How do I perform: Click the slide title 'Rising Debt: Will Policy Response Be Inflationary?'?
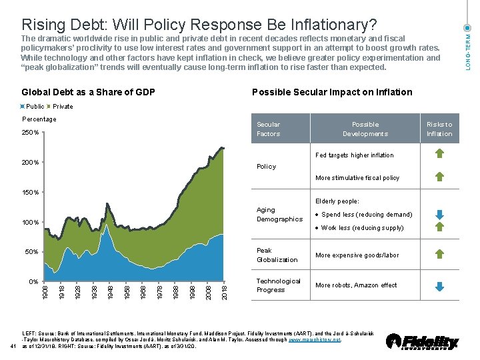click(199, 25)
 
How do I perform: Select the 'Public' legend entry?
click(35, 106)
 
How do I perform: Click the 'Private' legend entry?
click(63, 106)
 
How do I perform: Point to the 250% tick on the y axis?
click(31, 132)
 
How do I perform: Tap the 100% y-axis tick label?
click(31, 222)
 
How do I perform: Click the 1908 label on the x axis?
click(45, 291)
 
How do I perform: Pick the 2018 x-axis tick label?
click(223, 291)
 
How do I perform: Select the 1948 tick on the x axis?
click(110, 291)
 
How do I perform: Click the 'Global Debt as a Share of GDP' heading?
click(89, 92)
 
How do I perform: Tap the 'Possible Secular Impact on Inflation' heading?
click(332, 92)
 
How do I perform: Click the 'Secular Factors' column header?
click(269, 129)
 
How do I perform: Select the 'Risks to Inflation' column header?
click(439, 129)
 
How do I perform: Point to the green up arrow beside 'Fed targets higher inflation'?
click(439, 155)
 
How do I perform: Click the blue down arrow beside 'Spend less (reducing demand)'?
click(439, 215)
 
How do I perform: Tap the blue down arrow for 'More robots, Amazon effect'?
click(439, 287)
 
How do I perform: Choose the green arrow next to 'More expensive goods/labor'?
click(439, 254)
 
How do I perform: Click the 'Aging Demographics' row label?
click(279, 214)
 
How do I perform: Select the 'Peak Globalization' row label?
click(277, 255)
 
